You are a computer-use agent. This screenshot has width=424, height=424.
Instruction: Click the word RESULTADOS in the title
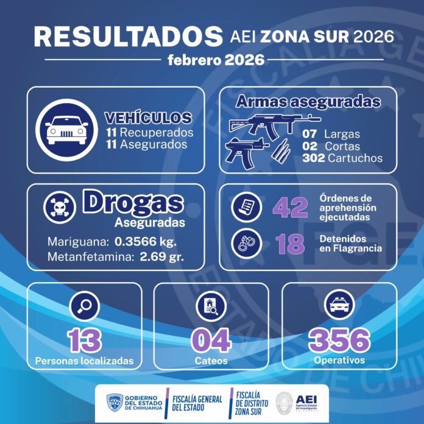click(x=128, y=36)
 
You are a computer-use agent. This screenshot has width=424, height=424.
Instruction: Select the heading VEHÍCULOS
click(x=148, y=118)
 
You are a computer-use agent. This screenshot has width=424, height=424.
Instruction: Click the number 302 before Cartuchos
click(x=313, y=158)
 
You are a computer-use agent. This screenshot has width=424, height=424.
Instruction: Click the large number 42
click(x=290, y=208)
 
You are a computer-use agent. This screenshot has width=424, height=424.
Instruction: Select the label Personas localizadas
click(x=84, y=361)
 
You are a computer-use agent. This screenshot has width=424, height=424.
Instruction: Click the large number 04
click(x=211, y=340)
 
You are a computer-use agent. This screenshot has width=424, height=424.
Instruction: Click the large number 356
click(x=339, y=339)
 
